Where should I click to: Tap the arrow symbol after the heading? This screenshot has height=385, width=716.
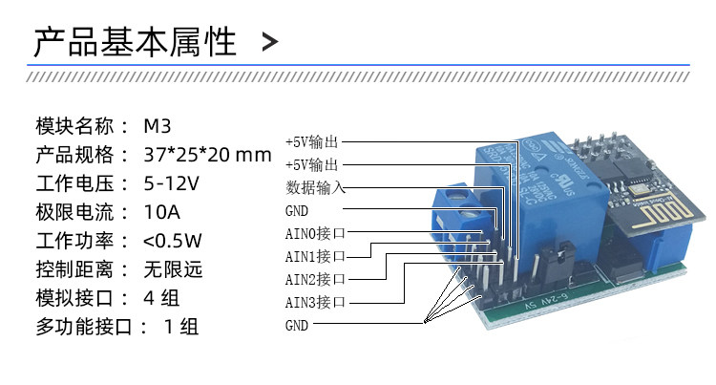click(270, 42)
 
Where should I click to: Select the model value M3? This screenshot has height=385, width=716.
click(158, 126)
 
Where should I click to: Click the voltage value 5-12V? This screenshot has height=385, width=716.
click(171, 182)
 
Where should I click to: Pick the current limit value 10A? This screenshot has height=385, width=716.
click(162, 211)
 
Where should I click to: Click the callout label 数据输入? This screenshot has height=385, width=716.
click(314, 185)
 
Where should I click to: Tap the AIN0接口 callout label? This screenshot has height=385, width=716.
click(314, 232)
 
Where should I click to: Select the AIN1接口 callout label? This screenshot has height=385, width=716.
click(314, 255)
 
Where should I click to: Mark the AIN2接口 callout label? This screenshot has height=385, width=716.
click(314, 279)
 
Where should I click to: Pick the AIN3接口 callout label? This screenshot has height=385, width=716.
click(314, 303)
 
